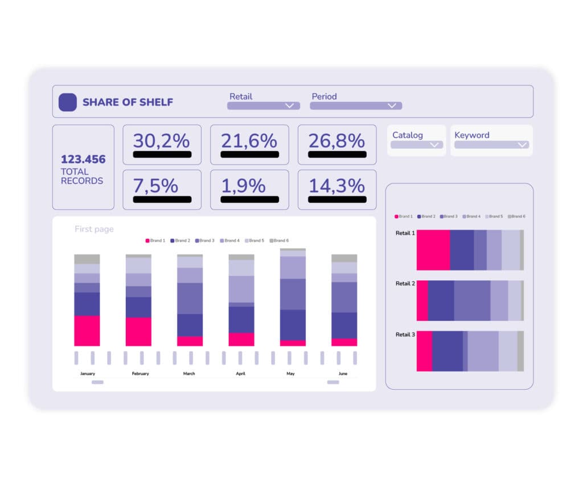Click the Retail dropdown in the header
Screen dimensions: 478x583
[263, 105]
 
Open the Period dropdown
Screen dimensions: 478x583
[356, 105]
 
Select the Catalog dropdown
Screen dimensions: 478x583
[417, 145]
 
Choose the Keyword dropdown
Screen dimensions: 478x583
[491, 145]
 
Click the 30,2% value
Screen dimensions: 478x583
[162, 140]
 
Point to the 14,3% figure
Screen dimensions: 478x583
[337, 185]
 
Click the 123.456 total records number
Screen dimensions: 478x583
[83, 160]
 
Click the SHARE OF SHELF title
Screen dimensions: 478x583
[128, 103]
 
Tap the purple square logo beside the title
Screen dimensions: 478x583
[68, 102]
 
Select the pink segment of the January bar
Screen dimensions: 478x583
[87, 330]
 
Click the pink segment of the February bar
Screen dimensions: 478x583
[138, 332]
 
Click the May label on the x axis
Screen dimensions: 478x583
[290, 374]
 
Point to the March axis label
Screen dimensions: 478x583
[189, 374]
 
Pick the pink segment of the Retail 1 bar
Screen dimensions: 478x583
[433, 250]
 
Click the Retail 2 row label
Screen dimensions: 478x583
[405, 283]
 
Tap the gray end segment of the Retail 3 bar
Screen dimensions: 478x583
[520, 351]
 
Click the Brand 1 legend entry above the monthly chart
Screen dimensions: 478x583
[155, 240]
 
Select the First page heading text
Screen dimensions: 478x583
[94, 229]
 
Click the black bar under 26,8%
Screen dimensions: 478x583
[337, 154]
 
